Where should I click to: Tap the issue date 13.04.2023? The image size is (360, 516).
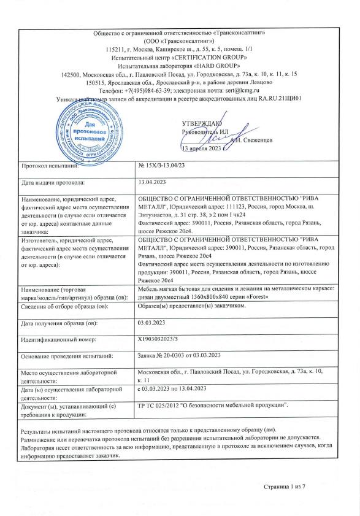point(153,183)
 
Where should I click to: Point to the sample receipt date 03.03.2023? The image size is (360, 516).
point(153,322)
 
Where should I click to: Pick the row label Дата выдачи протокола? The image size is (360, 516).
point(53,183)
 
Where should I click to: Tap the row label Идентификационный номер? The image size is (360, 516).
point(58,339)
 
